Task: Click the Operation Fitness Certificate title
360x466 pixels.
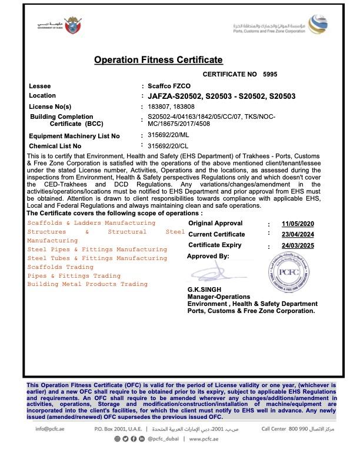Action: point(158,60)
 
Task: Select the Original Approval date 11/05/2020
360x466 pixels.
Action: point(298,224)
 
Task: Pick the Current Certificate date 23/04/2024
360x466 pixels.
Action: point(298,235)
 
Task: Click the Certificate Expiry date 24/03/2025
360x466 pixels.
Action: point(298,245)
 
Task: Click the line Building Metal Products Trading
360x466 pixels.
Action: point(88,285)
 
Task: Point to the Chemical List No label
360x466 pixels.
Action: point(55,146)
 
